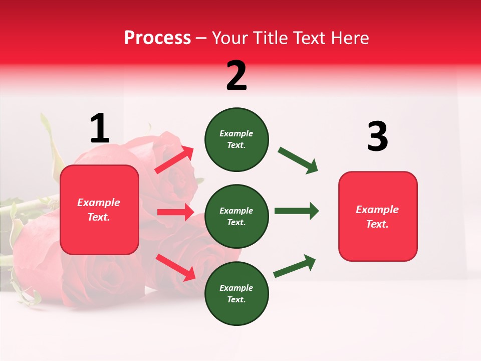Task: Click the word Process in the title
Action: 157,38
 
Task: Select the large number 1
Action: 100,129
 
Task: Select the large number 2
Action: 236,76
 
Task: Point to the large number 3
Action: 377,137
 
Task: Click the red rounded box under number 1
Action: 99,210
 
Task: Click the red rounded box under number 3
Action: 378,217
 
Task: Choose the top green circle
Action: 236,139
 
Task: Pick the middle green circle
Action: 236,217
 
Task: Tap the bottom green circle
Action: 236,294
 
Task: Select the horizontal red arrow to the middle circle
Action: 175,212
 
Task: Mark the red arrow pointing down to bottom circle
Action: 175,267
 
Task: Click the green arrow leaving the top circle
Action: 298,160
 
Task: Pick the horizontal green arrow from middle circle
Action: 297,211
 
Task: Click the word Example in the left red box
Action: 99,203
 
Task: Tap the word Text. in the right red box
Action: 377,224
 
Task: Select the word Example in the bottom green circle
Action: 236,288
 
